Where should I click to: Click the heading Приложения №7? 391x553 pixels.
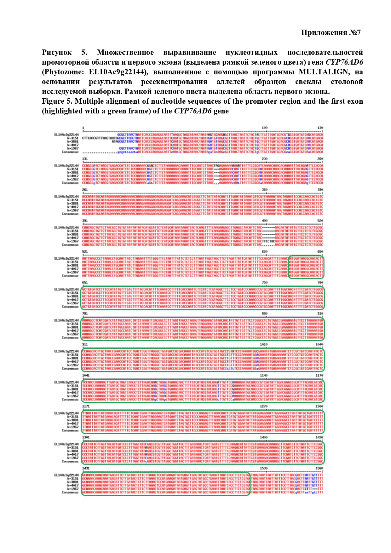pos(331,32)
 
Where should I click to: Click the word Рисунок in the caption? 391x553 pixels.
pos(57,52)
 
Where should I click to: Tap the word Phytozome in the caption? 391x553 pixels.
pos(63,72)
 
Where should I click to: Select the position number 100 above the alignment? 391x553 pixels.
pos(264,128)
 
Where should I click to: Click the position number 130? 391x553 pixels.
pos(320,128)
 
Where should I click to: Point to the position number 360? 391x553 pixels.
pos(265,190)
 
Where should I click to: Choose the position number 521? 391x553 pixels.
pos(85,252)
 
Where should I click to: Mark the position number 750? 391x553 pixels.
pos(265,283)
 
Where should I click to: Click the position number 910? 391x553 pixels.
pos(320,314)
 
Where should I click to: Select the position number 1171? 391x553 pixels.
pos(86,406)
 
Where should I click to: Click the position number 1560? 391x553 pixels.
pos(319,468)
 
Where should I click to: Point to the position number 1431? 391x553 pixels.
pos(86,468)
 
